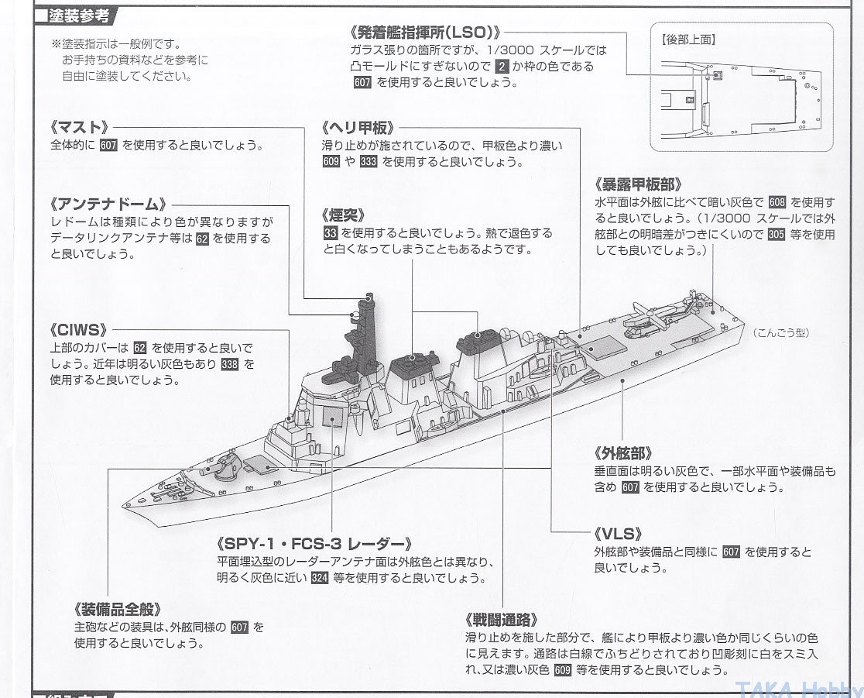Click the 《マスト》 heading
[78, 128]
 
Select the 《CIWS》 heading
[77, 330]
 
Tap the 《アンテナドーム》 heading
[108, 205]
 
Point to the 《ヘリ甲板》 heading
[358, 129]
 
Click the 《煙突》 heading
[344, 215]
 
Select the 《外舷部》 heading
[624, 454]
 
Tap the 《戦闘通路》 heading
[501, 620]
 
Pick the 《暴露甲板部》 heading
[639, 184]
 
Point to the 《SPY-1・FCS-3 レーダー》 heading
[314, 544]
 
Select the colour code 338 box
[229, 364]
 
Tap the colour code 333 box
[368, 162]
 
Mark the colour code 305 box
[776, 234]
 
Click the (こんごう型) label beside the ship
[780, 333]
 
